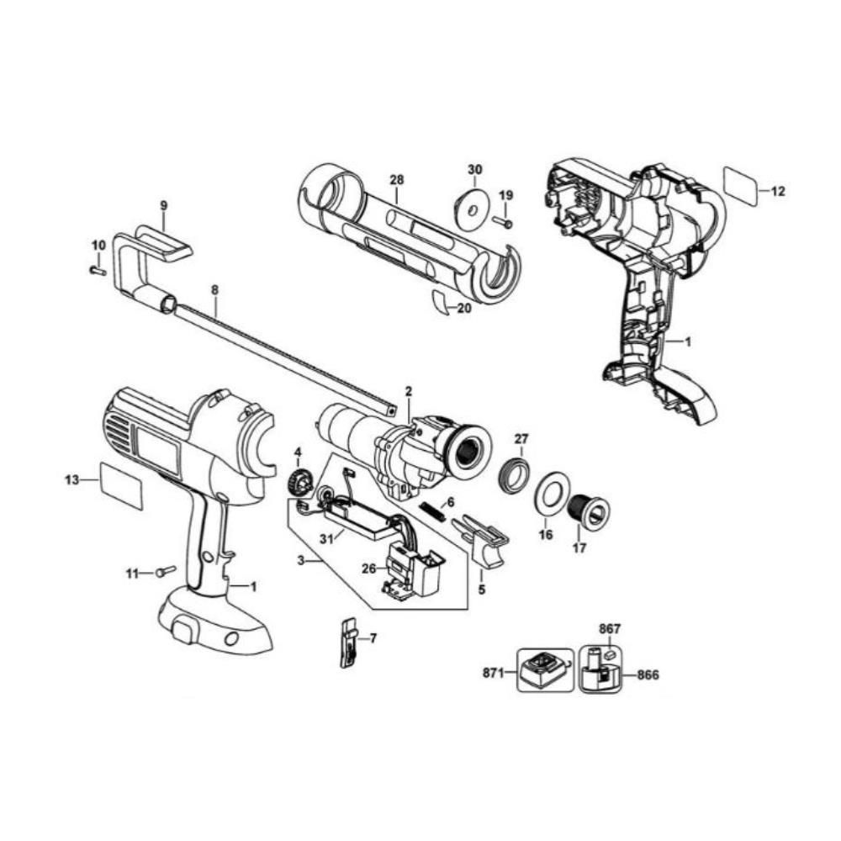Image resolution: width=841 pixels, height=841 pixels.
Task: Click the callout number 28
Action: click(x=397, y=180)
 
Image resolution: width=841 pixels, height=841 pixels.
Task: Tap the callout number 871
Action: click(x=493, y=673)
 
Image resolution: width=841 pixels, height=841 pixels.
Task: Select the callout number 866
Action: click(x=648, y=674)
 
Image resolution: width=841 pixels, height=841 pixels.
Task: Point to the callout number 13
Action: click(x=71, y=479)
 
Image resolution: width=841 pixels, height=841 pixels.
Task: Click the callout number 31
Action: click(x=327, y=539)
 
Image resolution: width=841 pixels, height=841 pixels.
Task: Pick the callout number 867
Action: click(x=610, y=628)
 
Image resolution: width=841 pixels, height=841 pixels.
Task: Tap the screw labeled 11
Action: click(x=165, y=572)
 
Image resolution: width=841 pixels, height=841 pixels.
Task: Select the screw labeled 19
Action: click(x=505, y=221)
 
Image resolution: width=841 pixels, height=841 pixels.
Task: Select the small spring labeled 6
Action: click(x=432, y=510)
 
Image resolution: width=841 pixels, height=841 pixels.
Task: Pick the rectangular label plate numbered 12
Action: click(x=741, y=186)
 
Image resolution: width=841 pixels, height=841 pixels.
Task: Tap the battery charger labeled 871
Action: click(x=544, y=670)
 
